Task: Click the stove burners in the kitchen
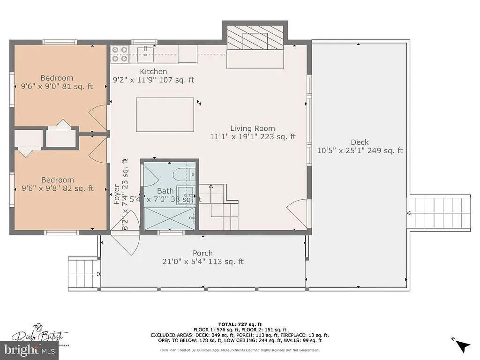(120, 54)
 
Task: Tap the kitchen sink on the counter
(146, 52)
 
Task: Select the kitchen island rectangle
(165, 114)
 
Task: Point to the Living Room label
(252, 128)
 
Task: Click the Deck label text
(360, 142)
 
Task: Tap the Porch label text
(202, 253)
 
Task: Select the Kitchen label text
(153, 71)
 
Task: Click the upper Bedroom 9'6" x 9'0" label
(57, 78)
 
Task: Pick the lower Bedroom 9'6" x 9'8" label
(57, 180)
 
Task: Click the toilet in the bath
(180, 174)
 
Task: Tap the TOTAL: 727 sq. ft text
(240, 324)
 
